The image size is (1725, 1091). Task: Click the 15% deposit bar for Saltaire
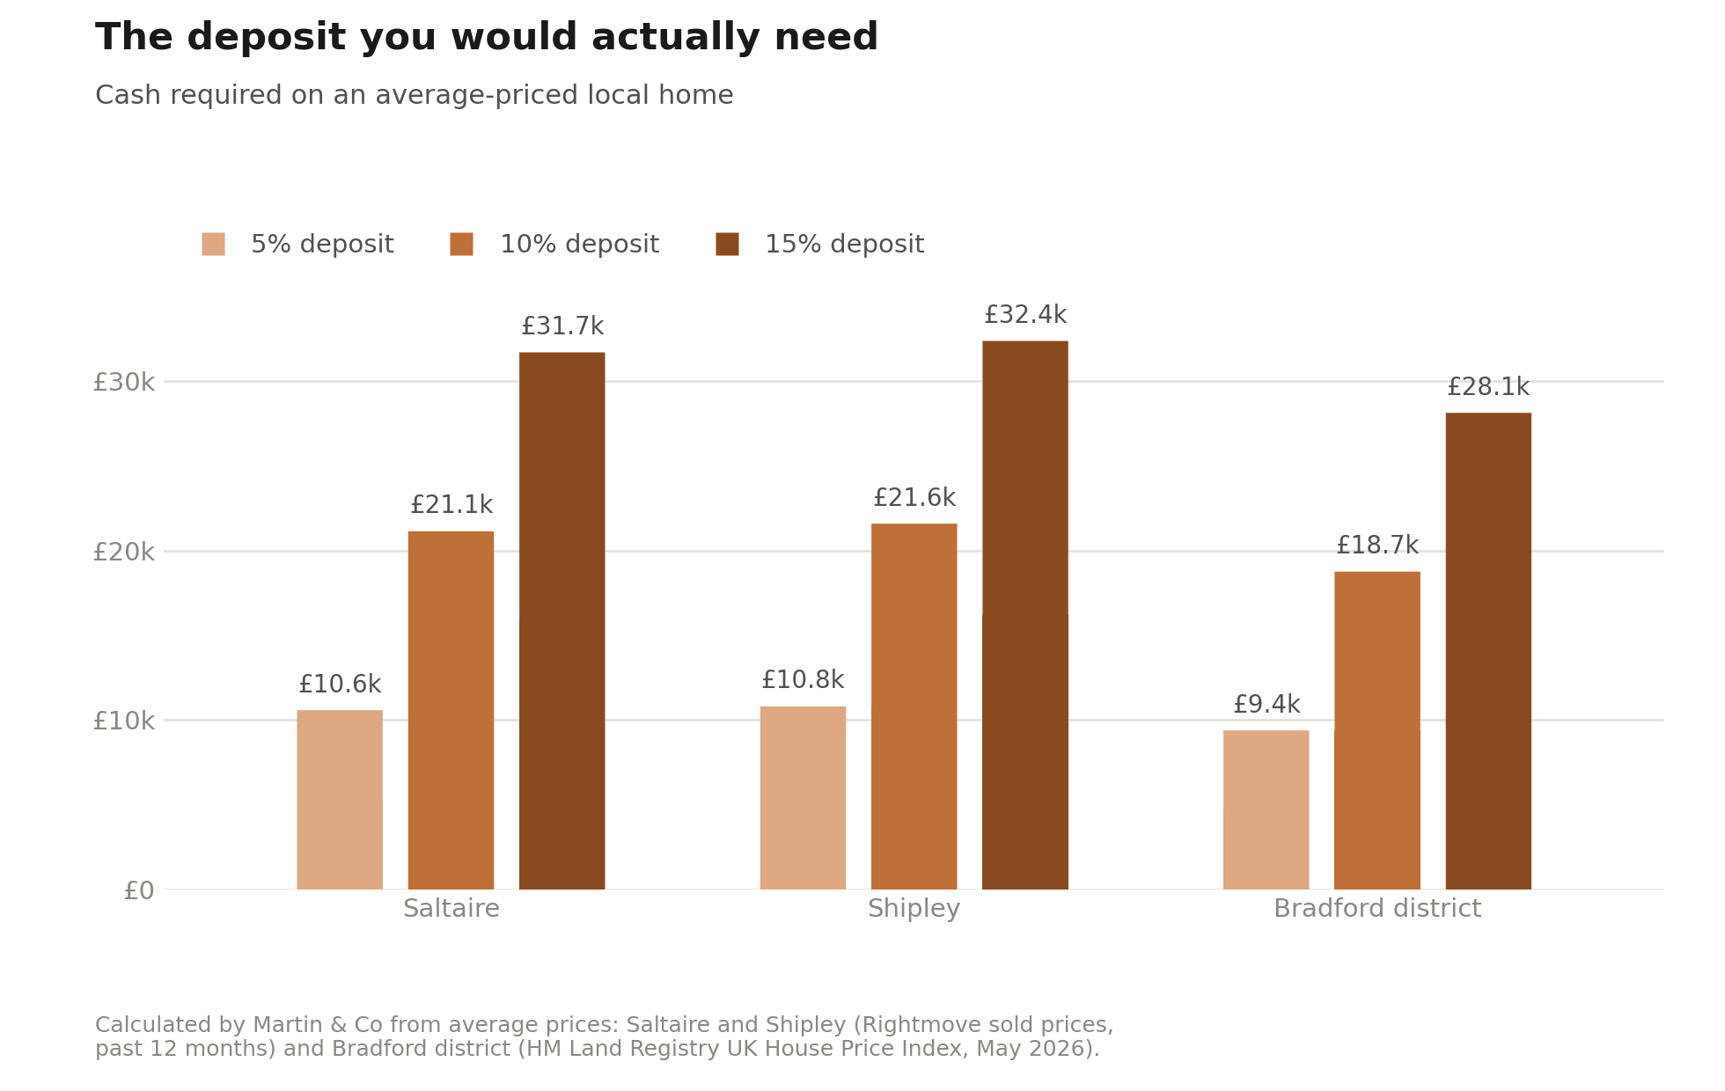pyautogui.click(x=562, y=620)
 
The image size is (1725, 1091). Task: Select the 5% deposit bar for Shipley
pyautogui.click(x=803, y=798)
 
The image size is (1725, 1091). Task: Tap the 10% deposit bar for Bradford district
pyautogui.click(x=1377, y=730)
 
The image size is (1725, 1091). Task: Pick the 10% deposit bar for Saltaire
pyautogui.click(x=451, y=710)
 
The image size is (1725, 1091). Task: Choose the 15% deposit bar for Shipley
pyautogui.click(x=1025, y=615)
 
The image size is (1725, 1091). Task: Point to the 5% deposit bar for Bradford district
pyautogui.click(x=1266, y=809)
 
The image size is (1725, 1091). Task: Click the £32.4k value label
pyautogui.click(x=1025, y=315)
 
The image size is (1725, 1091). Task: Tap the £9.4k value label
pyautogui.click(x=1266, y=705)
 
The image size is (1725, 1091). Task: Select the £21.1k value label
pyautogui.click(x=451, y=505)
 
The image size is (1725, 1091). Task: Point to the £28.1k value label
pyautogui.click(x=1488, y=387)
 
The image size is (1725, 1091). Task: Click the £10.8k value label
pyautogui.click(x=803, y=680)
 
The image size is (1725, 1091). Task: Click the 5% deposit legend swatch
pyautogui.click(x=213, y=244)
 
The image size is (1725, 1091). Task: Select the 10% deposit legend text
pyautogui.click(x=579, y=245)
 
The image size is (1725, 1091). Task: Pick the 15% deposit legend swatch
pyautogui.click(x=727, y=244)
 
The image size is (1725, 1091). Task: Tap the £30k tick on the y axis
pyautogui.click(x=123, y=382)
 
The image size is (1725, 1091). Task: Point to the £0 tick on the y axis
pyautogui.click(x=139, y=890)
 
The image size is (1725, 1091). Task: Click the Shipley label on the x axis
pyautogui.click(x=914, y=909)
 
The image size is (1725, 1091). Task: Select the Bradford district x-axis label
pyautogui.click(x=1377, y=909)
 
